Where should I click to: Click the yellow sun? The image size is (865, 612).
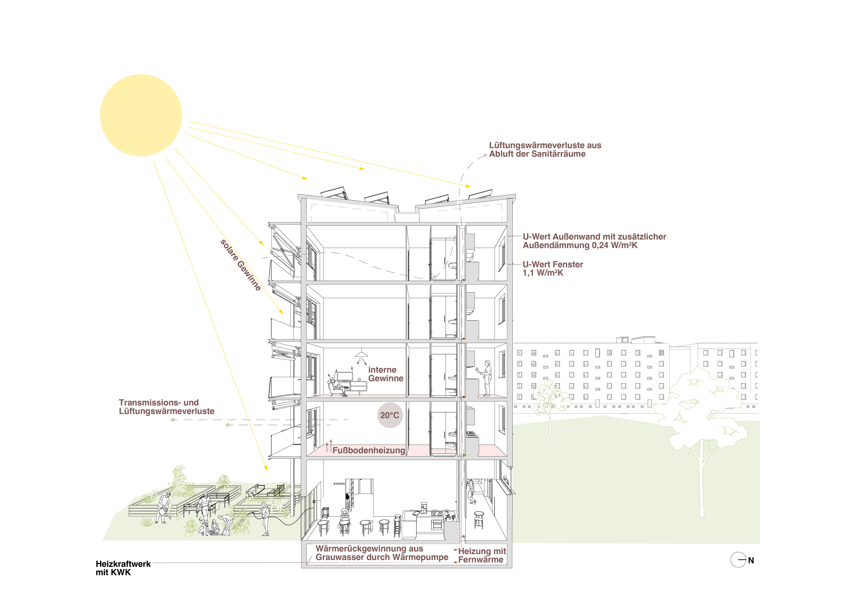141,115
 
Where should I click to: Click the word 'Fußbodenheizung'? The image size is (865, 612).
369,450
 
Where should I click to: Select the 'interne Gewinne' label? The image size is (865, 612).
385,374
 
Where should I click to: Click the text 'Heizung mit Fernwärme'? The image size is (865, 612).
481,555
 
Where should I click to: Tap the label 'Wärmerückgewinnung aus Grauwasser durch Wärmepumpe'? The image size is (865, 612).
382,553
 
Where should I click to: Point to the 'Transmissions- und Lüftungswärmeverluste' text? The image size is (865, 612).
166,407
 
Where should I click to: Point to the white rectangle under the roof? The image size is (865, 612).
453,216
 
